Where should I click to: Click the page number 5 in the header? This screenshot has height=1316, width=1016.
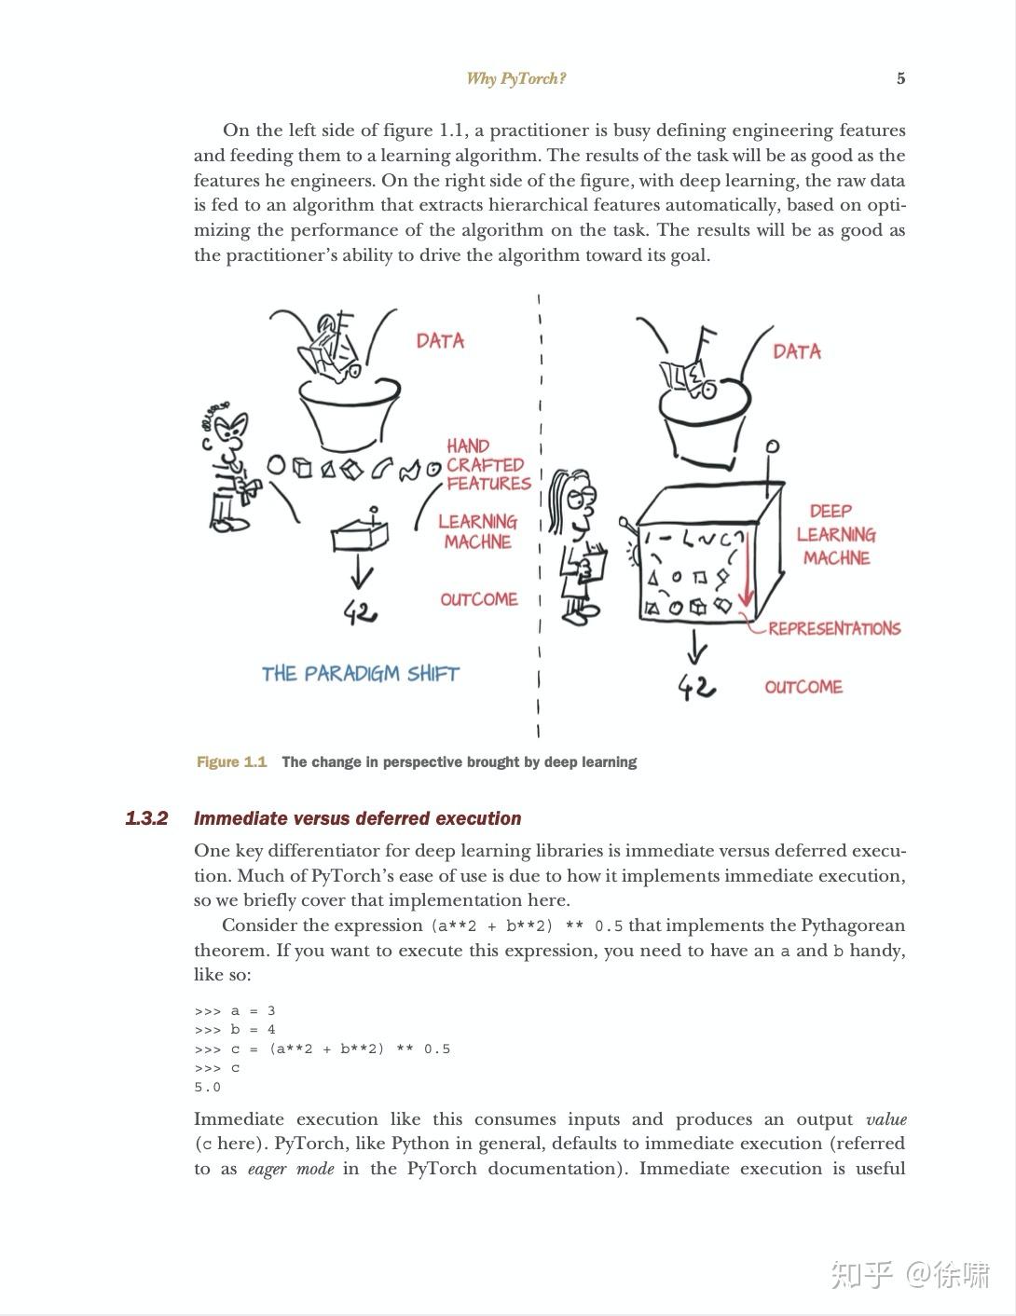pyautogui.click(x=900, y=78)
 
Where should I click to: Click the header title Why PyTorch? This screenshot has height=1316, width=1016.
pyautogui.click(x=515, y=78)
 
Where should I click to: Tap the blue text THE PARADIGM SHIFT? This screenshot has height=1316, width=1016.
pyautogui.click(x=361, y=674)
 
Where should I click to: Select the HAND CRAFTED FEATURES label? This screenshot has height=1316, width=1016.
pyautogui.click(x=487, y=464)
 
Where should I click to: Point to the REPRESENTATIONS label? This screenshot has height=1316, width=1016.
pyautogui.click(x=834, y=629)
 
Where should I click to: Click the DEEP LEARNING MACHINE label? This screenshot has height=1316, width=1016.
pyautogui.click(x=835, y=534)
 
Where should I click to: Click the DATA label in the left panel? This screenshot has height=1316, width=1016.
pyautogui.click(x=440, y=341)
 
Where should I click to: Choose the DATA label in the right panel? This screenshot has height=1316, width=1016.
pyautogui.click(x=797, y=351)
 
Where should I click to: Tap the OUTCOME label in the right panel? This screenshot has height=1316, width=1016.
pyautogui.click(x=803, y=687)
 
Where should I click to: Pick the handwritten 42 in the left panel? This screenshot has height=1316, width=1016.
pyautogui.click(x=361, y=612)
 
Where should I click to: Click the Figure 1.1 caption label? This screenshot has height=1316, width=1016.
pyautogui.click(x=231, y=762)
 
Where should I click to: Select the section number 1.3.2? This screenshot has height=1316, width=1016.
pyautogui.click(x=146, y=818)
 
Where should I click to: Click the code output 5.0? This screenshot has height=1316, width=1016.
pyautogui.click(x=207, y=1088)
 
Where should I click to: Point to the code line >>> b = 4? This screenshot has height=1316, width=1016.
pyautogui.click(x=235, y=1030)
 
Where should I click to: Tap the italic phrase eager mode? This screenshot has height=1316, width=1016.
pyautogui.click(x=290, y=1169)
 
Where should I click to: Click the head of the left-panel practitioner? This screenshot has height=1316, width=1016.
pyautogui.click(x=229, y=429)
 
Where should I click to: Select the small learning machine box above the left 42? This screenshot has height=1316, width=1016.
pyautogui.click(x=359, y=535)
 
